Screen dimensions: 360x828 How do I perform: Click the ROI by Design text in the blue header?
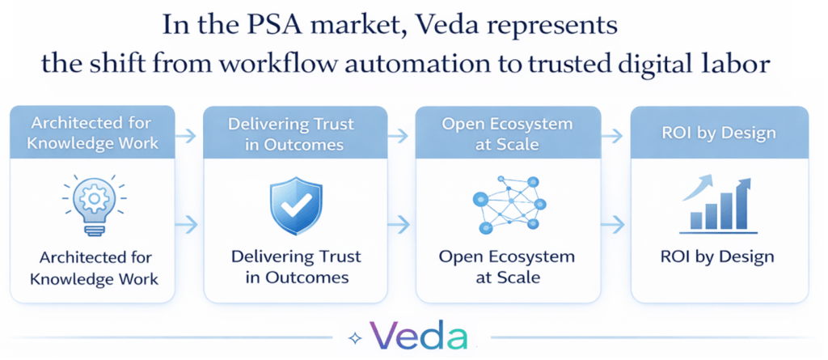pos(720,133)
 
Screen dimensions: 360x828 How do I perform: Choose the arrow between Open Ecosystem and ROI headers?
pos(615,134)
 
